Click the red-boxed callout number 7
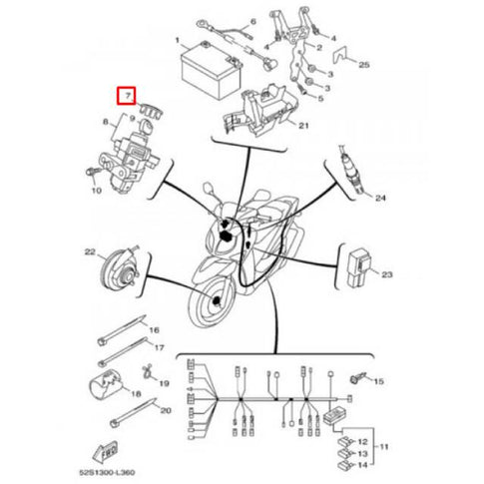(126, 97)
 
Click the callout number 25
(363, 65)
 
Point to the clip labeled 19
(147, 375)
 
